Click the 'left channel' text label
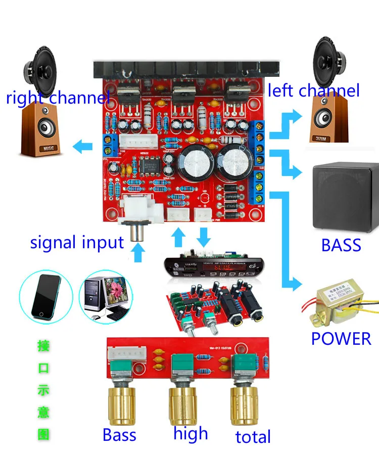(313, 91)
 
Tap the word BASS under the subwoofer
(341, 245)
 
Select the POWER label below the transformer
(341, 338)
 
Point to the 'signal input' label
(77, 242)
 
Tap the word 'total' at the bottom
(253, 436)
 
